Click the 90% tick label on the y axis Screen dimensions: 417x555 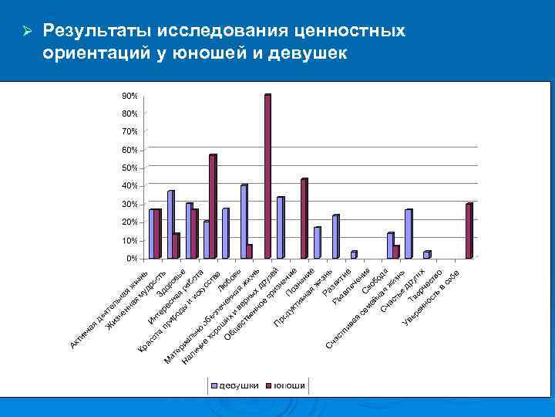click(129, 96)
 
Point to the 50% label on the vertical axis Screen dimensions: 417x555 click(129, 168)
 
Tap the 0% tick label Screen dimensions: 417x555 click(131, 258)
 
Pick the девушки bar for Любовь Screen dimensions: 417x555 click(244, 221)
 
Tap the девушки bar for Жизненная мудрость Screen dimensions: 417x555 click(170, 224)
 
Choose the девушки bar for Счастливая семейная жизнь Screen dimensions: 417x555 click(408, 233)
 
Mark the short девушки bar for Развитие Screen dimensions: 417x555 click(353, 254)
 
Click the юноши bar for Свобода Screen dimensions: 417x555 click(395, 251)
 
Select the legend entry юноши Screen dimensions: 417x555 click(284, 385)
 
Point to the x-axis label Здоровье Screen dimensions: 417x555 click(171, 284)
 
